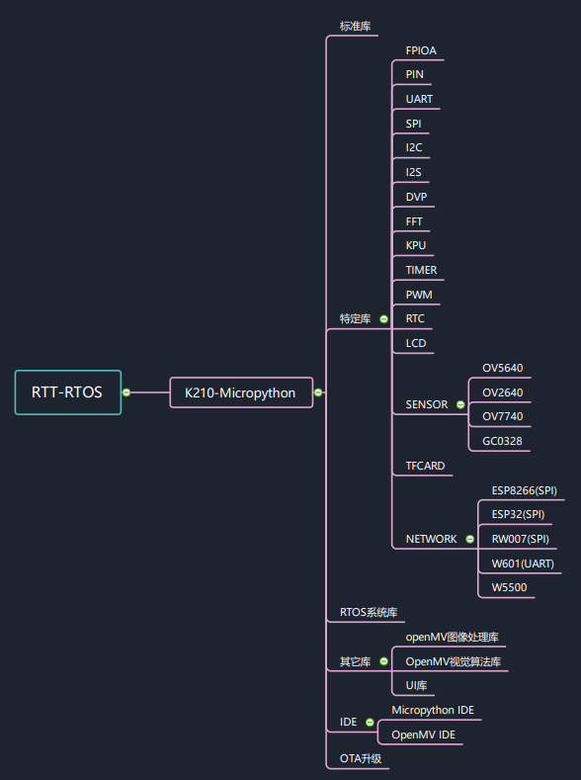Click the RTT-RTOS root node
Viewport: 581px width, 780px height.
pos(68,392)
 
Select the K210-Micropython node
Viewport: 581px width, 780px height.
pos(241,392)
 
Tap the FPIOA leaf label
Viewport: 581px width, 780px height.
pos(422,50)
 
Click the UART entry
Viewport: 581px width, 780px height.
pos(419,99)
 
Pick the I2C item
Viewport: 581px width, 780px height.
pos(414,147)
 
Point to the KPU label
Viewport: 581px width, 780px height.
pos(416,245)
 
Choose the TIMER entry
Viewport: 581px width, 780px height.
pos(421,270)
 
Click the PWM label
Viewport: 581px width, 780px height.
pos(419,295)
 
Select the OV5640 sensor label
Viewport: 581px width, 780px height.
pos(502,368)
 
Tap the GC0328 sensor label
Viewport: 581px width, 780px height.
pos(502,441)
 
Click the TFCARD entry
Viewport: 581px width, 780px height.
pos(425,466)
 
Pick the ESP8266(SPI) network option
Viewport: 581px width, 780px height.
pos(524,490)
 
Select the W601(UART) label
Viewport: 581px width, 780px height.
pos(523,563)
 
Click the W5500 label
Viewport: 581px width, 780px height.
pos(509,588)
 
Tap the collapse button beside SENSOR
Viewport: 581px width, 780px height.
pos(460,404)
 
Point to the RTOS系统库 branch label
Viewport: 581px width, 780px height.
pos(368,613)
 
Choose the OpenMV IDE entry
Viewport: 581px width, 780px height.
pos(423,735)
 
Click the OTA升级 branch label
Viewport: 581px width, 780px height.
pos(361,759)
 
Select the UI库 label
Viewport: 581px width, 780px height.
pos(416,686)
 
